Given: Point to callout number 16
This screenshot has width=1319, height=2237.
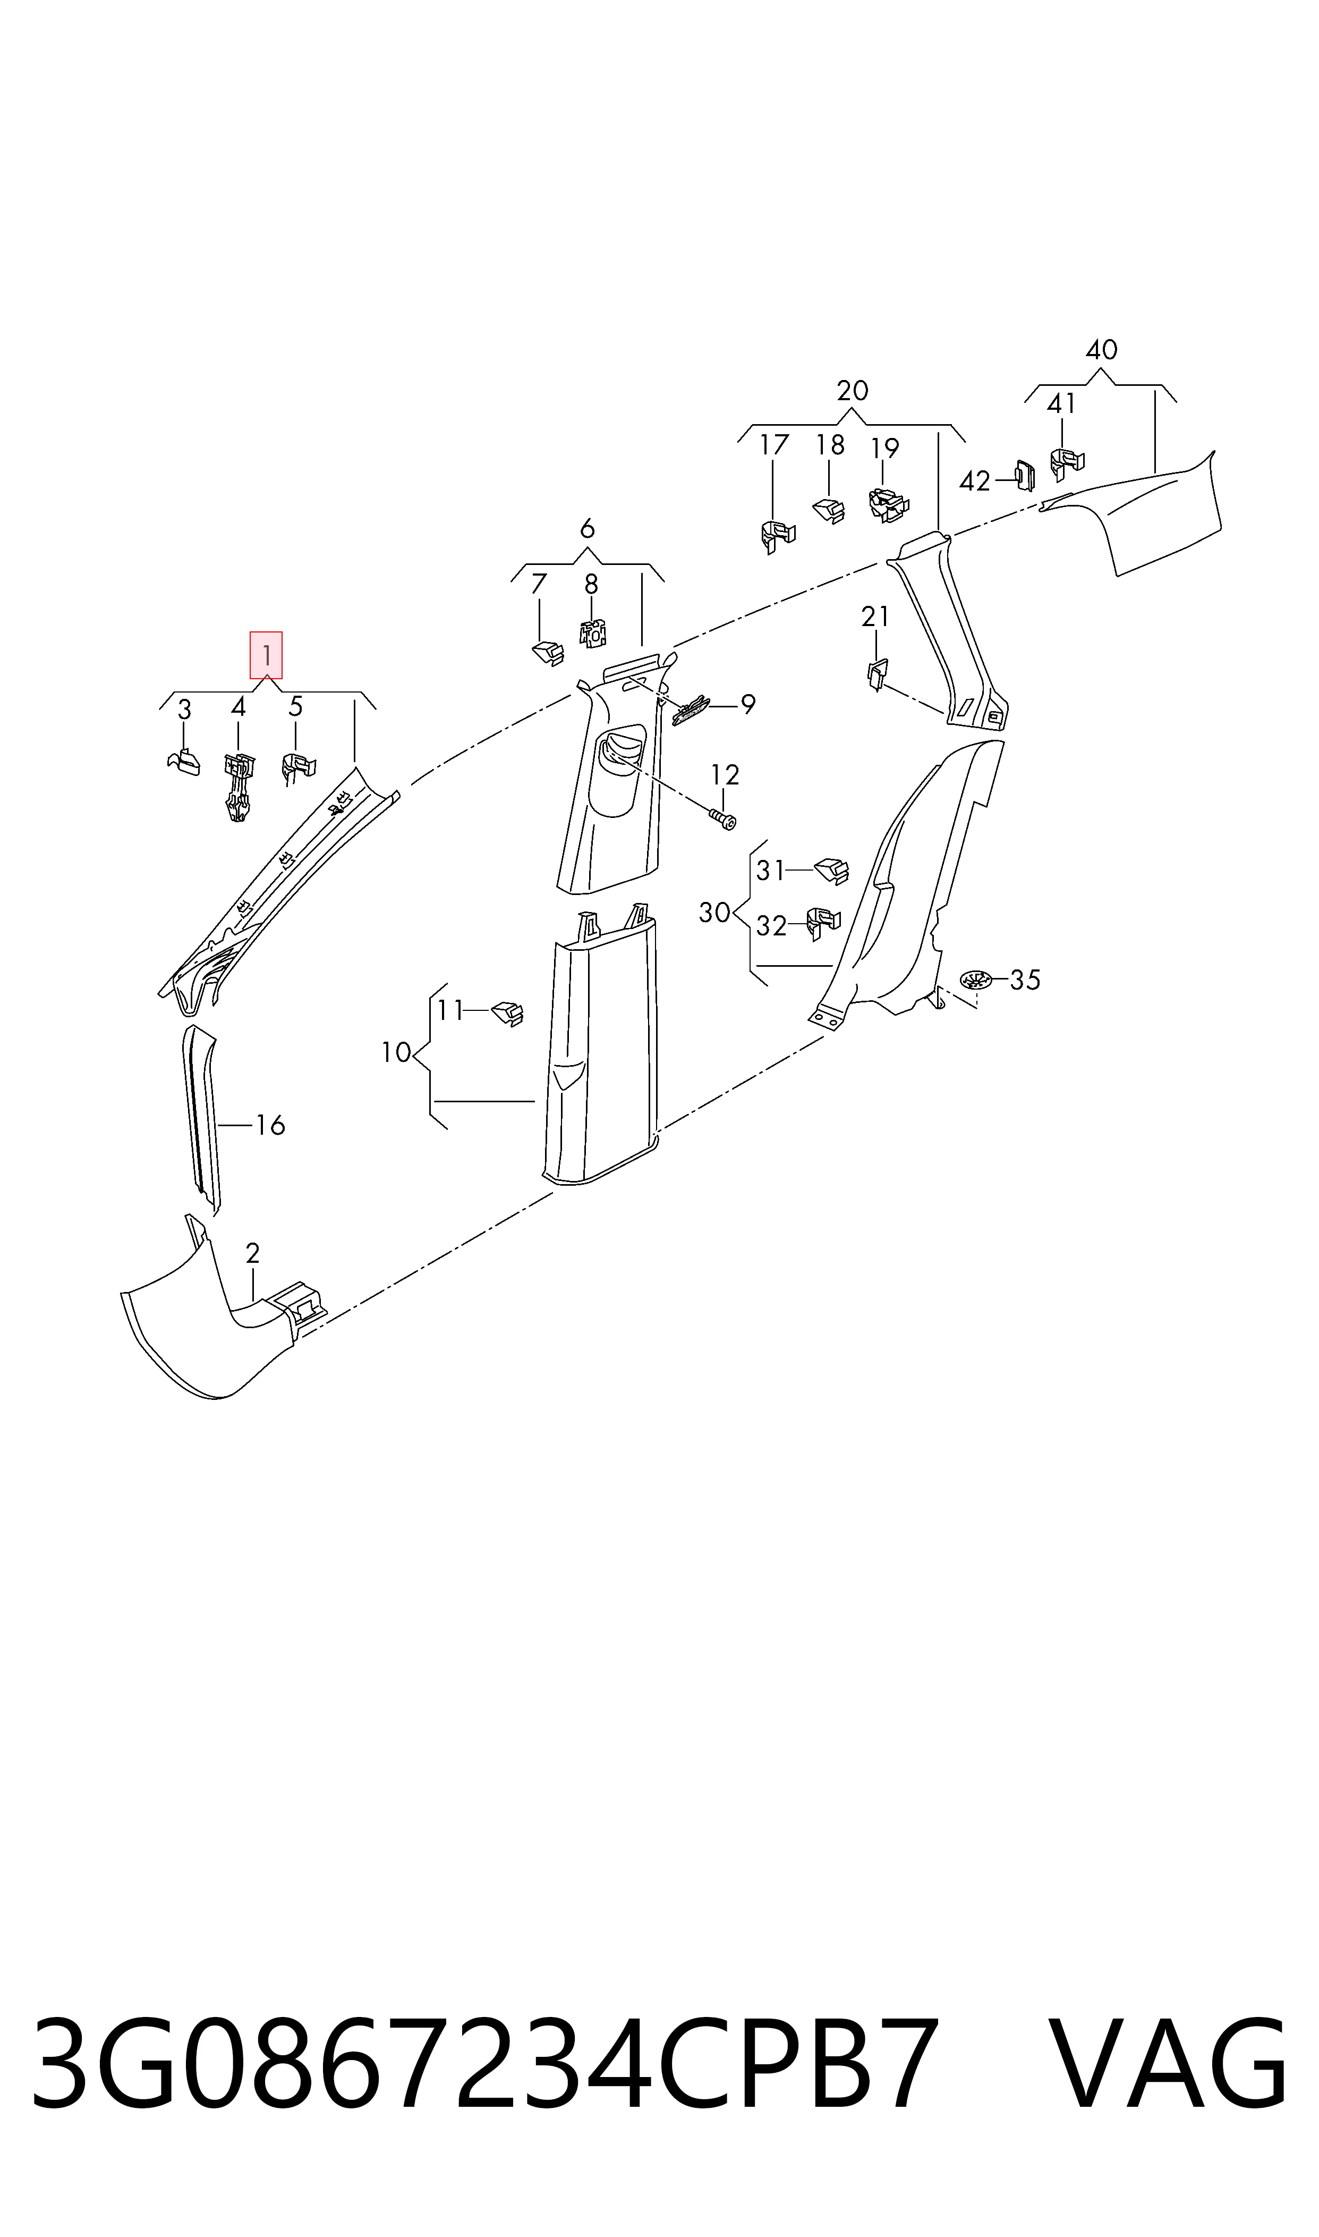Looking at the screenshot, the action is coord(270,1126).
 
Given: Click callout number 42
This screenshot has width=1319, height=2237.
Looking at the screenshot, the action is coord(975,481).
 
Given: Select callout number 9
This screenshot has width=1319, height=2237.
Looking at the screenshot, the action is coord(748,705).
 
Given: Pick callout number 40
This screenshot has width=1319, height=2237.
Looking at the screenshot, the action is coord(1101,349).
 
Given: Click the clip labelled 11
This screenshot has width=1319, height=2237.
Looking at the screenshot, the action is coord(507,1014).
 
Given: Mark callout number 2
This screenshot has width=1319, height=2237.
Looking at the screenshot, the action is coord(252,1254).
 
